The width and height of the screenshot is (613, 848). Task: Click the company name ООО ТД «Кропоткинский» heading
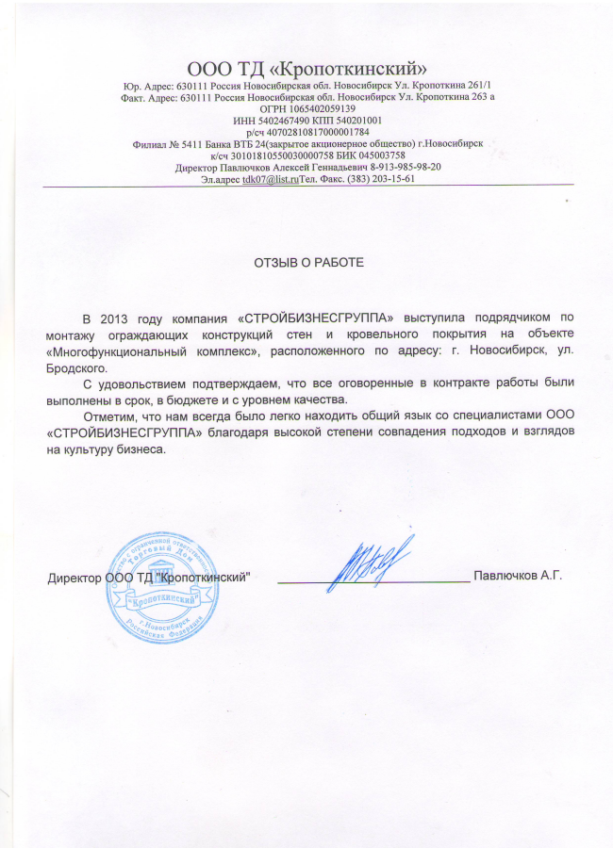point(308,68)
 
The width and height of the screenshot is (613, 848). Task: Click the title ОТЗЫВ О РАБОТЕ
point(307,261)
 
